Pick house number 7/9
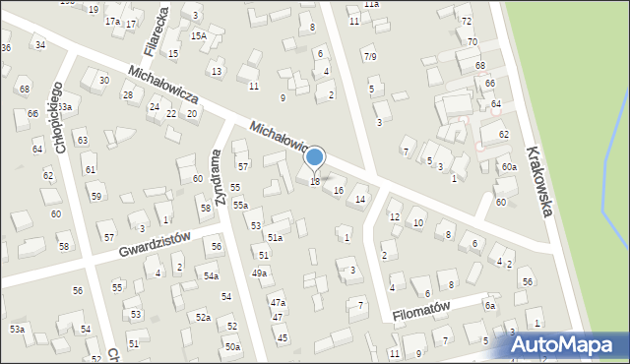369,56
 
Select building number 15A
198,36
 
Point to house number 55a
240,205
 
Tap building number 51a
276,237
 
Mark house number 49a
259,273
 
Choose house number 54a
211,276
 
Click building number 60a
508,167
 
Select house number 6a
488,306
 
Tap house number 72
467,21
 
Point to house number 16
339,190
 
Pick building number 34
39,45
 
